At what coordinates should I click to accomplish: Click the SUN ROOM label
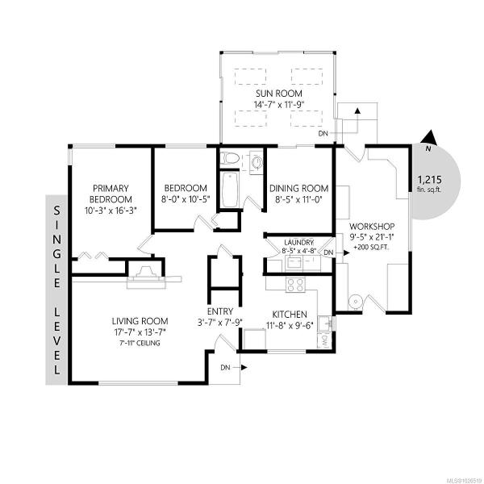[x=279, y=94]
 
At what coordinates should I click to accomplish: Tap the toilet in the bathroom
[x=230, y=159]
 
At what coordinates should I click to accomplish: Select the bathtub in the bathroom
[x=230, y=190]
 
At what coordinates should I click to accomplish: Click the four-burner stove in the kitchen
[x=296, y=285]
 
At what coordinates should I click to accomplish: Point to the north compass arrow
[x=429, y=138]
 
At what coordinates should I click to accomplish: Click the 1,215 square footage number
[x=429, y=179]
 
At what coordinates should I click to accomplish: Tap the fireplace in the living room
[x=146, y=276]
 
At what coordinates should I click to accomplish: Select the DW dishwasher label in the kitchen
[x=324, y=341]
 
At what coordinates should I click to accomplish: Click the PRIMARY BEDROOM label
[x=111, y=194]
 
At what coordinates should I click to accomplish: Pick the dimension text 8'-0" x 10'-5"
[x=186, y=199]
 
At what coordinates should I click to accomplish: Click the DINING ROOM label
[x=298, y=188]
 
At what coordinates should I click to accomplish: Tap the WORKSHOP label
[x=372, y=226]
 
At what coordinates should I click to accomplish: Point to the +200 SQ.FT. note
[x=371, y=248]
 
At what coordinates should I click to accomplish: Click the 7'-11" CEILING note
[x=140, y=343]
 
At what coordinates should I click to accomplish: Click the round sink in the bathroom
[x=257, y=161]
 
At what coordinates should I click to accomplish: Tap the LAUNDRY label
[x=298, y=242]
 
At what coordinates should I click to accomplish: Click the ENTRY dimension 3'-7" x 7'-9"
[x=220, y=323]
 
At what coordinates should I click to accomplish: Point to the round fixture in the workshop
[x=356, y=302]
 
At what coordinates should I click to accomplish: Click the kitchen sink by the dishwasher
[x=325, y=323]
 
